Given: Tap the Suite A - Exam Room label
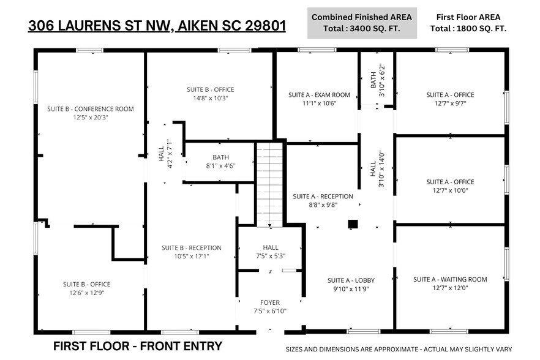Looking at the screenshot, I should click(319, 95).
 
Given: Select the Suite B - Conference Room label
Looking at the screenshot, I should click(90, 109).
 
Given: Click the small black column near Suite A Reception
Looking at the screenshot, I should click(353, 224).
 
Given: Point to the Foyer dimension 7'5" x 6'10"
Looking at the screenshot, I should click(270, 311).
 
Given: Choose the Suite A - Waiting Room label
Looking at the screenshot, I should click(450, 279).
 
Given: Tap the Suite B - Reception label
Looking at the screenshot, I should click(191, 248).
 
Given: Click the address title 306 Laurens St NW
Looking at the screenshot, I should click(157, 26).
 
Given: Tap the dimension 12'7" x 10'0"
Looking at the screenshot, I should click(450, 190).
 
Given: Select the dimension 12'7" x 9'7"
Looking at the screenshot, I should click(450, 103).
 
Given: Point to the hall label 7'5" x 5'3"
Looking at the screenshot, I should click(270, 256).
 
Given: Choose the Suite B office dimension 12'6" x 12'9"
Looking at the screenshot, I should click(86, 293).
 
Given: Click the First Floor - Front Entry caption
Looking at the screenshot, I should click(137, 346).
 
